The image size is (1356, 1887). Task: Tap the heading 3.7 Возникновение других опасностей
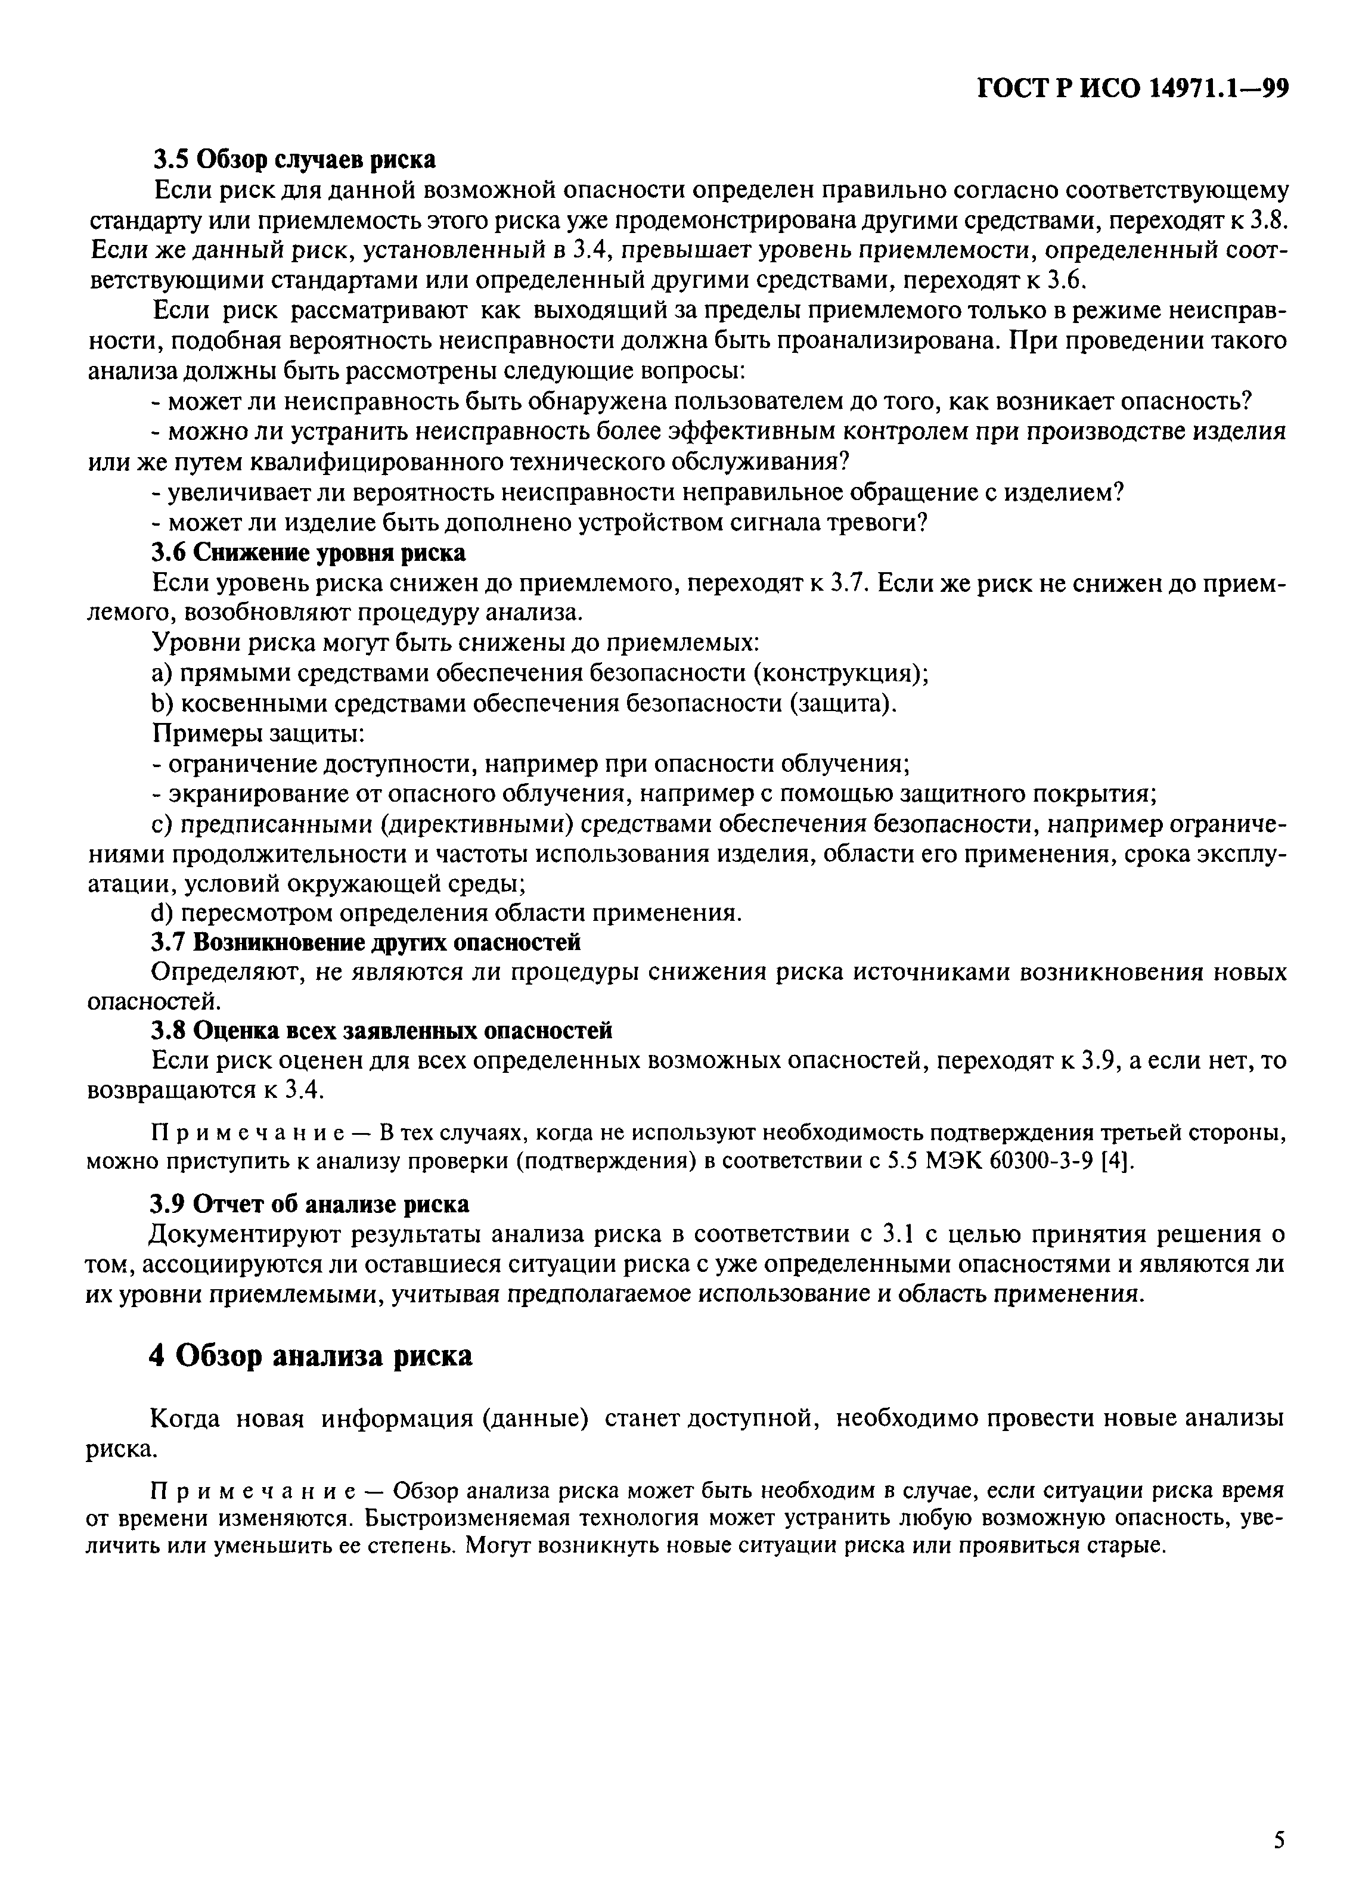[x=365, y=943]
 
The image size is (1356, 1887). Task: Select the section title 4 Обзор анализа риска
[x=311, y=1355]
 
